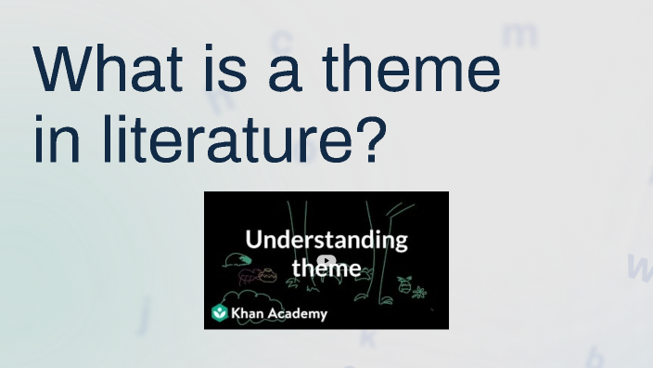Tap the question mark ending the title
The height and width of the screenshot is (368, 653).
pyautogui.click(x=367, y=138)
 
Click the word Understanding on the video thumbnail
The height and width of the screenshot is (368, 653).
pyautogui.click(x=326, y=239)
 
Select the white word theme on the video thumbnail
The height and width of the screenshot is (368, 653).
pyautogui.click(x=326, y=268)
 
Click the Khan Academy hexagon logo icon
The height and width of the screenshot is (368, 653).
pyautogui.click(x=220, y=313)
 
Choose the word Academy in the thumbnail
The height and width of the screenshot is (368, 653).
pyautogui.click(x=299, y=313)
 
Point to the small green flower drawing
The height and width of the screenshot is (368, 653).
pyautogui.click(x=418, y=294)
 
